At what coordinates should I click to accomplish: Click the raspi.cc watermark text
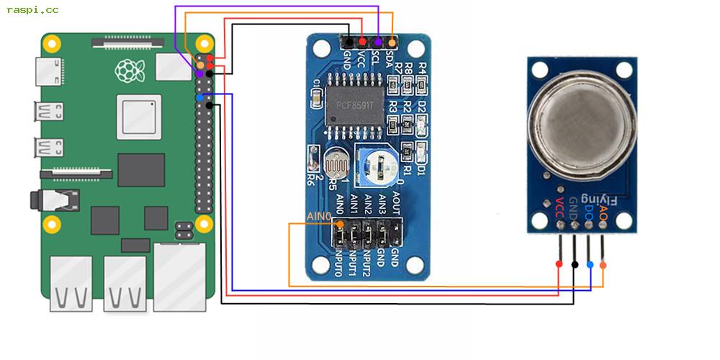tap(33, 9)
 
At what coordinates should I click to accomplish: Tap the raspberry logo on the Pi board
tap(128, 71)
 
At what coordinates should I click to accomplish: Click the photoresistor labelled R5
tap(336, 164)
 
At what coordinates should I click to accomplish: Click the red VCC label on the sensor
tap(559, 215)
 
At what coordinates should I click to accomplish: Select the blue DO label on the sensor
tap(589, 214)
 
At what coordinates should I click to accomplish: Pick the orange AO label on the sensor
tap(603, 214)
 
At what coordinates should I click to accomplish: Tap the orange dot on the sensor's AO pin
tap(603, 265)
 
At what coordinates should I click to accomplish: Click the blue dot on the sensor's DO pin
tap(590, 265)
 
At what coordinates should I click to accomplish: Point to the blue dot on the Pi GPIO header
tap(199, 97)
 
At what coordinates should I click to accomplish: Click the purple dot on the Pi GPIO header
tap(199, 73)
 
